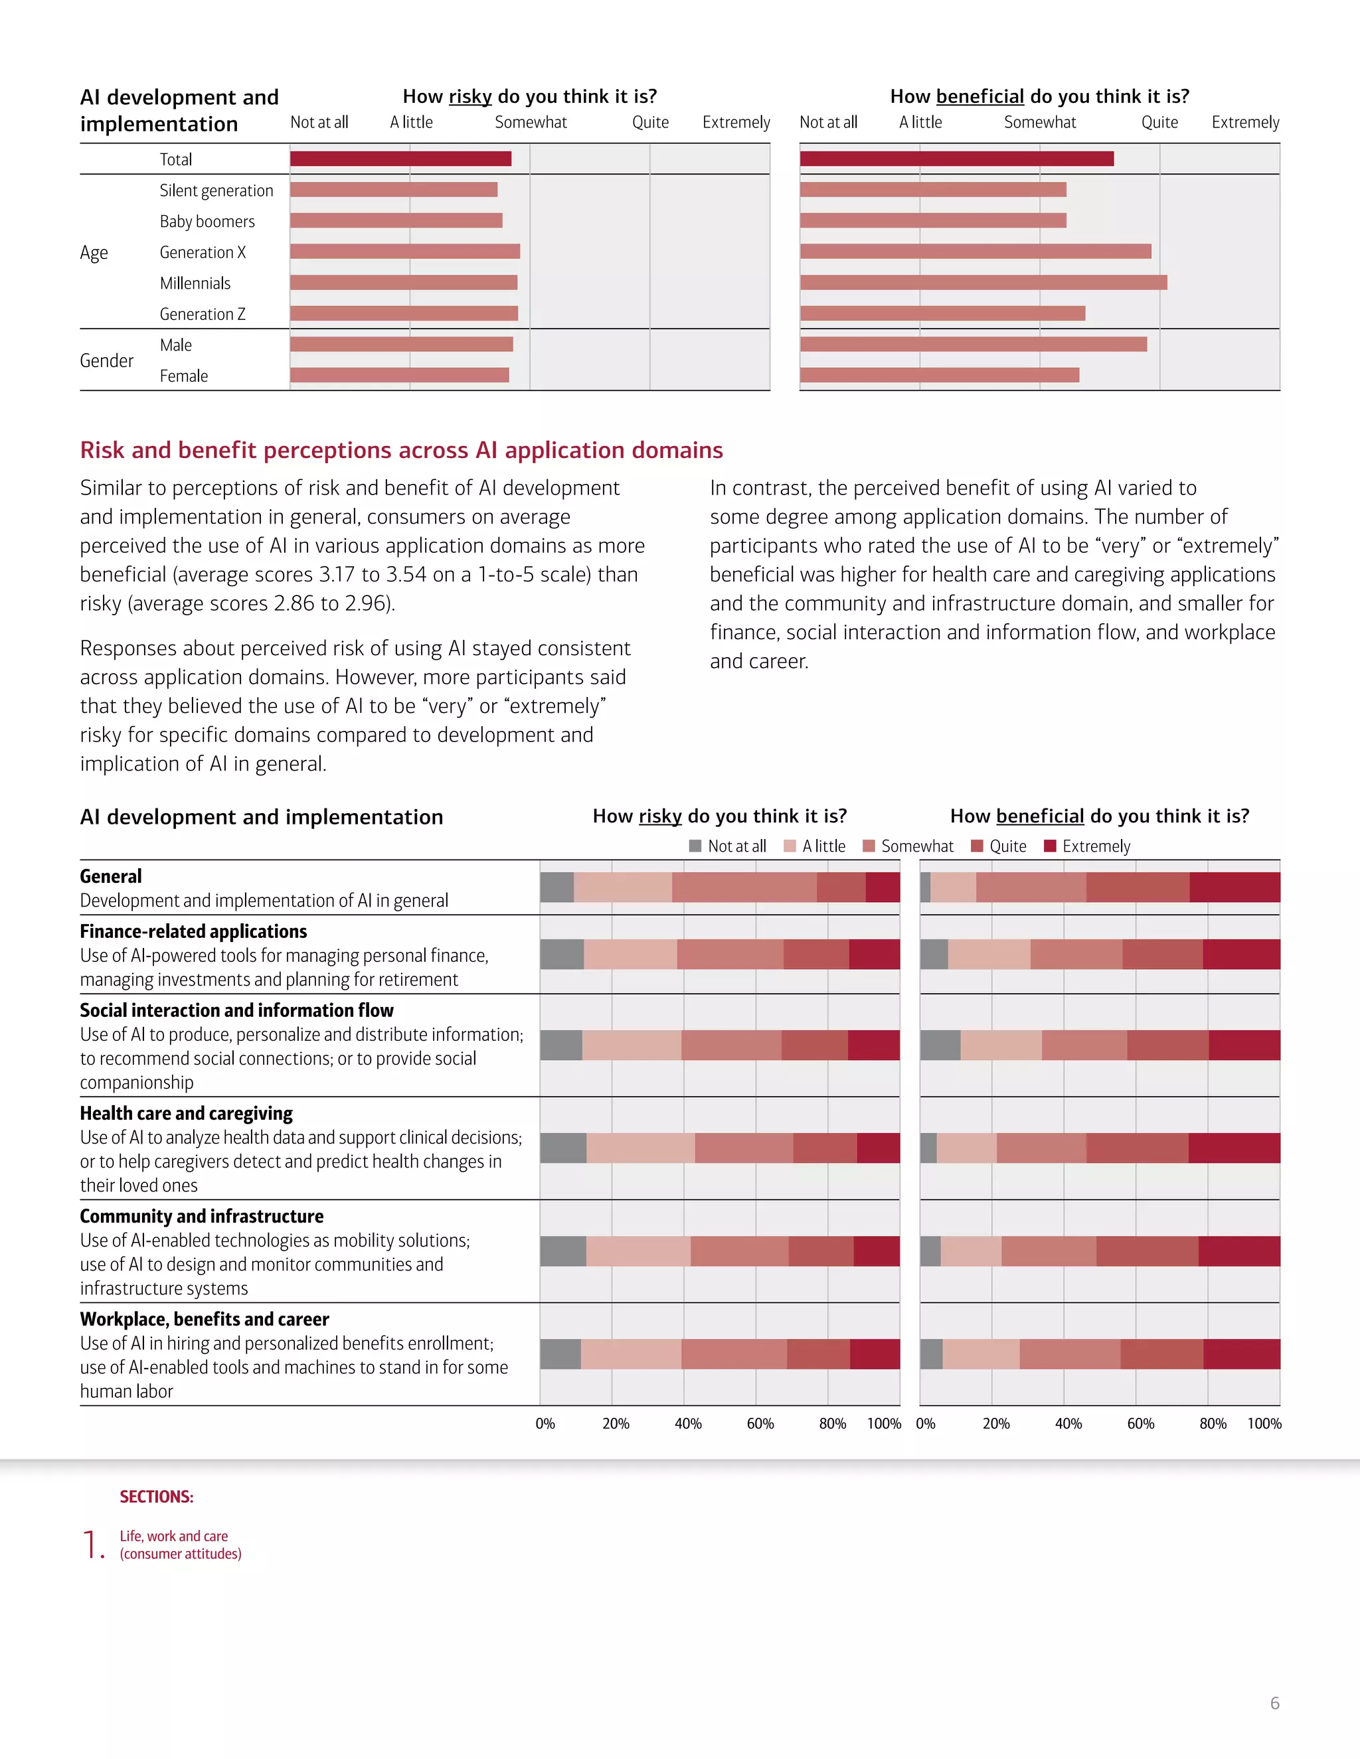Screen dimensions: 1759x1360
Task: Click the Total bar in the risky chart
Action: (x=400, y=159)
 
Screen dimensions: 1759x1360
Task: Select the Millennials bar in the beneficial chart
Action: (x=983, y=283)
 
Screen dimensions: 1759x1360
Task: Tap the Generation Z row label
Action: (x=203, y=314)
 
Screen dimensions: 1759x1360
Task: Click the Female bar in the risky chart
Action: (x=400, y=375)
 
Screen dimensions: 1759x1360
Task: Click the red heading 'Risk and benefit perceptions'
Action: (x=401, y=449)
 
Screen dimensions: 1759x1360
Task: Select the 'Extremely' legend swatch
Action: (x=1050, y=846)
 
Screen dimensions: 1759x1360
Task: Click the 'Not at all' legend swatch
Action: (x=695, y=846)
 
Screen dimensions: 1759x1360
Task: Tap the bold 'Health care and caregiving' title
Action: (x=186, y=1113)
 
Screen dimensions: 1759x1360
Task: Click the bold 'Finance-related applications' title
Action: (x=193, y=931)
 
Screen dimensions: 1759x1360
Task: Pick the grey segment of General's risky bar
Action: (x=556, y=887)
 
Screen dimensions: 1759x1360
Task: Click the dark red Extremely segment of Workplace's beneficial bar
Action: (x=1242, y=1354)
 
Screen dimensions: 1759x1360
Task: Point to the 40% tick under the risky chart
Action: (x=688, y=1423)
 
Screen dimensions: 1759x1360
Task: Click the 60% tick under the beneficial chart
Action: (x=1140, y=1423)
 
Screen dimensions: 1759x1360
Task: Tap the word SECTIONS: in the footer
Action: (x=156, y=1496)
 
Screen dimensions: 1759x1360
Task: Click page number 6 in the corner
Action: (x=1274, y=1703)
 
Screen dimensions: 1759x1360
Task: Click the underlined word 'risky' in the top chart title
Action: (x=469, y=97)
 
